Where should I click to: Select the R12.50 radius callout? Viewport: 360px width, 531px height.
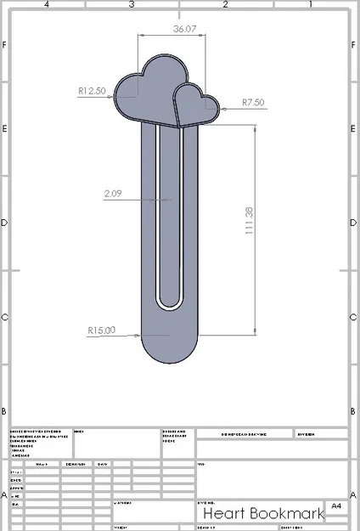coord(92,90)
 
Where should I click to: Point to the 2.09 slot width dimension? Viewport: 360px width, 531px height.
coord(114,194)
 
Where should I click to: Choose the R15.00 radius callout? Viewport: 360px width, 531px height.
coord(101,330)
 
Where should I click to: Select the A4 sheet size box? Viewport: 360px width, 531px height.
coord(336,506)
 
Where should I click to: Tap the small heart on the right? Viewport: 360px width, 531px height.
coord(195,105)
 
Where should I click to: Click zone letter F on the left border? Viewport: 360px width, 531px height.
coord(5,44)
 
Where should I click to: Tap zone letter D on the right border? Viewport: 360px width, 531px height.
coord(354,223)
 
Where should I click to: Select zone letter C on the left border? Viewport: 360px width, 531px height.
coord(5,318)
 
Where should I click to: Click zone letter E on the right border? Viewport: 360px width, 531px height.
coord(354,129)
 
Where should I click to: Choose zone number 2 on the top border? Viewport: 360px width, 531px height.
coord(225,5)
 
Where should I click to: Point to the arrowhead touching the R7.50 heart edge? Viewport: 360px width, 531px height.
coord(220,109)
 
